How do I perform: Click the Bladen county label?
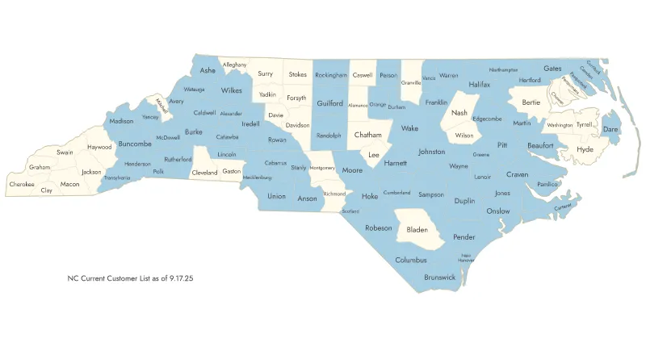tap(417, 230)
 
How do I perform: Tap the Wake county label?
tap(409, 128)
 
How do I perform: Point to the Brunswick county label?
tap(439, 277)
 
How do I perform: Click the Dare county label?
tap(610, 129)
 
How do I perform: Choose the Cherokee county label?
tap(22, 184)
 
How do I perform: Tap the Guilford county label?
tap(329, 104)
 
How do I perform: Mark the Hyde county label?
tap(585, 149)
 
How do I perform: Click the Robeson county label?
tap(378, 228)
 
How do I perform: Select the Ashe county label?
tap(208, 70)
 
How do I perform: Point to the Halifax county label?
tap(480, 85)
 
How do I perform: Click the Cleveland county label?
tap(204, 172)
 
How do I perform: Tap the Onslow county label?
tap(498, 211)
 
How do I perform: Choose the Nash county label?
tap(459, 113)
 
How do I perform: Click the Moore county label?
tap(352, 170)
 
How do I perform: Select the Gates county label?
tap(552, 69)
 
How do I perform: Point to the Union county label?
tap(276, 196)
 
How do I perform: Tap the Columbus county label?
tap(411, 260)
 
